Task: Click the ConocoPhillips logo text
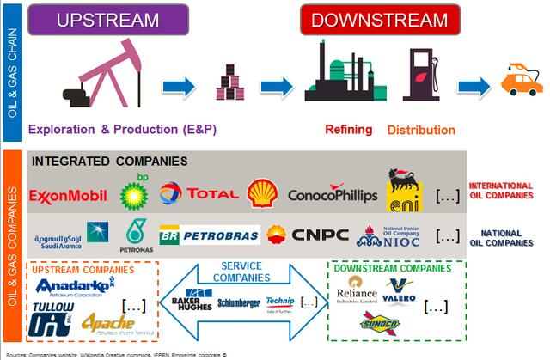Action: pyautogui.click(x=333, y=196)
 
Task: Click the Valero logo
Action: pyautogui.click(x=400, y=292)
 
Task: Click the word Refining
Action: pyautogui.click(x=348, y=130)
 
